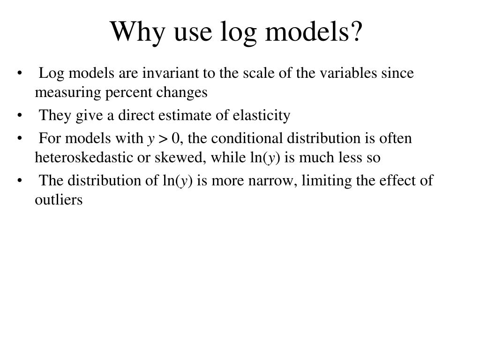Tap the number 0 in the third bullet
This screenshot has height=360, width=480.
[x=175, y=138]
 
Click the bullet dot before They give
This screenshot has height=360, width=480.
[x=19, y=116]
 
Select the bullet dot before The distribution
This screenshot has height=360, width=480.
[x=19, y=180]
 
